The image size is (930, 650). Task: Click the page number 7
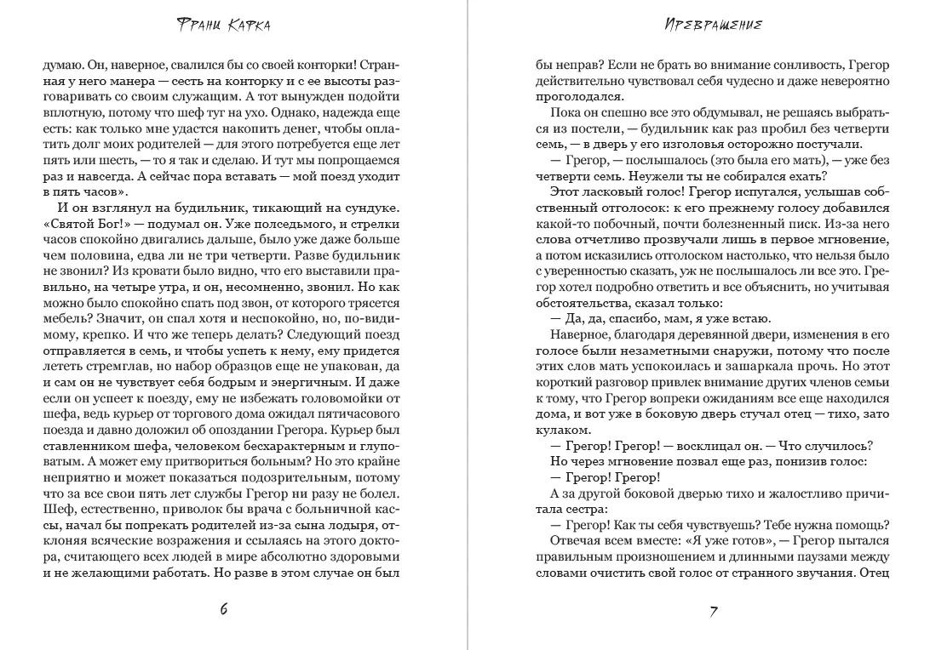[713, 610]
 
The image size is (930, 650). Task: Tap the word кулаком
[558, 430]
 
